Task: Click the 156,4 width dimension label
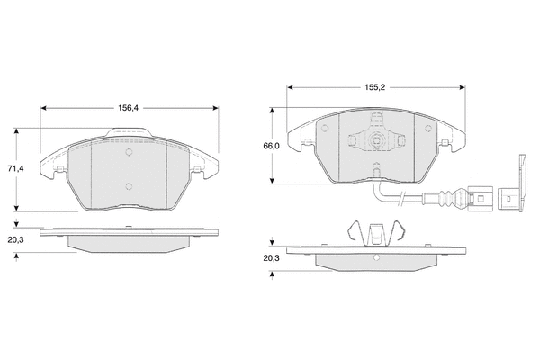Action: tap(129, 108)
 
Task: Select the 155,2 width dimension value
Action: tap(375, 87)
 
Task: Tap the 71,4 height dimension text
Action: tap(16, 169)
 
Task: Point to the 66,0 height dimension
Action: tap(272, 146)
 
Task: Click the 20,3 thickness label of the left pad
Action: tap(16, 240)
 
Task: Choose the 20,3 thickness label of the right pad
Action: tap(272, 258)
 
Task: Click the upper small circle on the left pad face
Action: tap(129, 151)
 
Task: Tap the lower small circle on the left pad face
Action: tap(129, 186)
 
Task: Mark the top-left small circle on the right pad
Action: tap(324, 129)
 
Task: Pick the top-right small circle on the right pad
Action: tap(428, 129)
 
